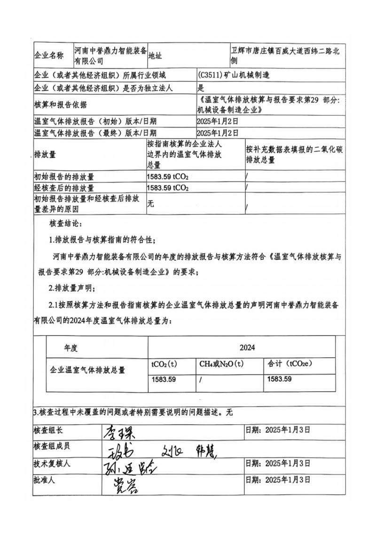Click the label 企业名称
click(x=49, y=56)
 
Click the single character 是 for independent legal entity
click(x=201, y=88)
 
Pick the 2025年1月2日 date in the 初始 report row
click(x=218, y=121)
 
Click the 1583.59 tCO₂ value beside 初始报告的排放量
click(x=168, y=177)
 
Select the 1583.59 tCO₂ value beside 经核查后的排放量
click(x=168, y=188)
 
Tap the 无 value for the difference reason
click(x=150, y=203)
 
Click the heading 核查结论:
click(x=65, y=222)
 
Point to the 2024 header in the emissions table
click(x=247, y=348)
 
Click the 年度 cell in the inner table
click(x=70, y=348)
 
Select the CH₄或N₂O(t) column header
click(x=221, y=364)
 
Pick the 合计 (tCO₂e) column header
click(x=290, y=364)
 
